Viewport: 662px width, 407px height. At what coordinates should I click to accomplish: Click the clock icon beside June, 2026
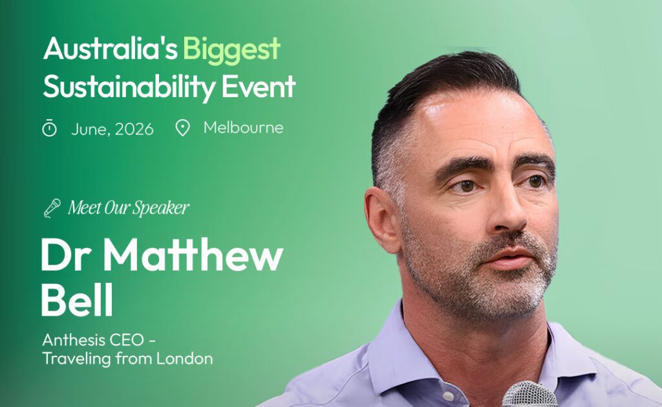(50, 128)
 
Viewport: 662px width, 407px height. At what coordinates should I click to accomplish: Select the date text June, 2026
(112, 129)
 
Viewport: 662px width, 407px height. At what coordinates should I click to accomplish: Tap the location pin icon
(183, 128)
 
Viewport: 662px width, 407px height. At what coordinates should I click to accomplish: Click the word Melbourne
(243, 127)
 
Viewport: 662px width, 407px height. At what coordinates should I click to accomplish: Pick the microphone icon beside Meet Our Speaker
(52, 208)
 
